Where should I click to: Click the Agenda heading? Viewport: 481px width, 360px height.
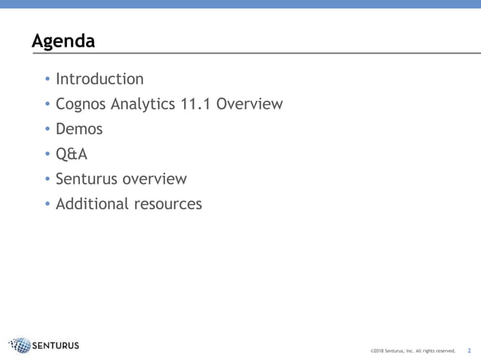pyautogui.click(x=63, y=41)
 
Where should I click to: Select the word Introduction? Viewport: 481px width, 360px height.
pyautogui.click(x=100, y=79)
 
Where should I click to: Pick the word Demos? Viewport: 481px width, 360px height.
pyautogui.click(x=79, y=129)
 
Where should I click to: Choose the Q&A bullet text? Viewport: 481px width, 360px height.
pyautogui.click(x=72, y=154)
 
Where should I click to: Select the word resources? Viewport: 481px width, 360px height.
pyautogui.click(x=167, y=204)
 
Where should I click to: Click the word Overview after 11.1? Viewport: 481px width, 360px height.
pyautogui.click(x=250, y=103)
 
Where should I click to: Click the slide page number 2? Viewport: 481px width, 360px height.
pyautogui.click(x=469, y=350)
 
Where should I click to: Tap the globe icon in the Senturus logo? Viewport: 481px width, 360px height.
pyautogui.click(x=20, y=346)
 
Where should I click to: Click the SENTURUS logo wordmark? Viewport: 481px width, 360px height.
pyautogui.click(x=56, y=346)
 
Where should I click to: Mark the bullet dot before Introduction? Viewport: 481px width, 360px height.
pyautogui.click(x=47, y=80)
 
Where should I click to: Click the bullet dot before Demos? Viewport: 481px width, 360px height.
pyautogui.click(x=47, y=130)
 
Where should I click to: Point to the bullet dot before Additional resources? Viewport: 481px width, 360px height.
pyautogui.click(x=47, y=205)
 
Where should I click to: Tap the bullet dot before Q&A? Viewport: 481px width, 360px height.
pyautogui.click(x=47, y=154)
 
